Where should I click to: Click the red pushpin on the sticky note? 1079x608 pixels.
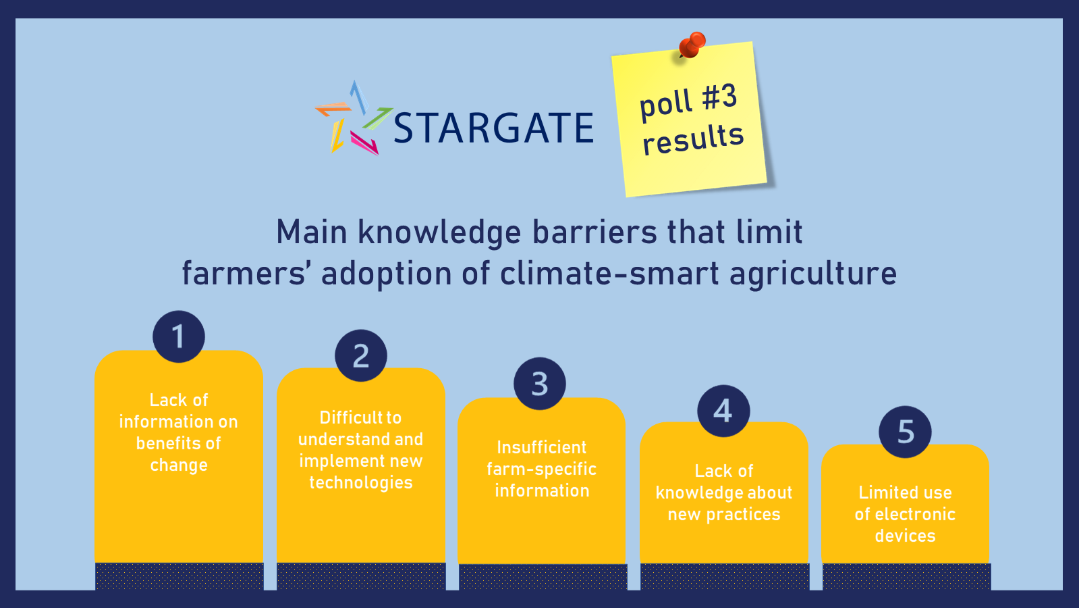click(692, 45)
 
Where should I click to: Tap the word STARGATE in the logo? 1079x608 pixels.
click(494, 128)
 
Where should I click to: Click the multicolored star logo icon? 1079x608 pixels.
click(354, 118)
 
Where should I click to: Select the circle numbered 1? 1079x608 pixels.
click(179, 336)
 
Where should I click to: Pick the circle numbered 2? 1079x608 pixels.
click(361, 356)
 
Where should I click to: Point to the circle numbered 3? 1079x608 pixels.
click(540, 384)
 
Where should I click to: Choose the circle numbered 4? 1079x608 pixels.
click(723, 411)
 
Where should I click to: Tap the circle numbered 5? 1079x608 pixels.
click(905, 432)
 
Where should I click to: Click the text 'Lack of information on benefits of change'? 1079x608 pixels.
click(179, 432)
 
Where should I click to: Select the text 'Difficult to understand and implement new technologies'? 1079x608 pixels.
click(361, 450)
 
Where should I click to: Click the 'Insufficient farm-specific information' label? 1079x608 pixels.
click(541, 469)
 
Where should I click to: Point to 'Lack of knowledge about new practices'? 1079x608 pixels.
click(723, 492)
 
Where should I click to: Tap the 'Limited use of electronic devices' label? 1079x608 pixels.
click(905, 515)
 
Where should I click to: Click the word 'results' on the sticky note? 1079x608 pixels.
click(693, 139)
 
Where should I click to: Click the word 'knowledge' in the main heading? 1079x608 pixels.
click(439, 233)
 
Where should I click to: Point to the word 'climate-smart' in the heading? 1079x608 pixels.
click(610, 274)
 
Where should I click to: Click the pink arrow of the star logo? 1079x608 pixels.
click(364, 143)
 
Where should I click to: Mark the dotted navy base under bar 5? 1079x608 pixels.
click(906, 576)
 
